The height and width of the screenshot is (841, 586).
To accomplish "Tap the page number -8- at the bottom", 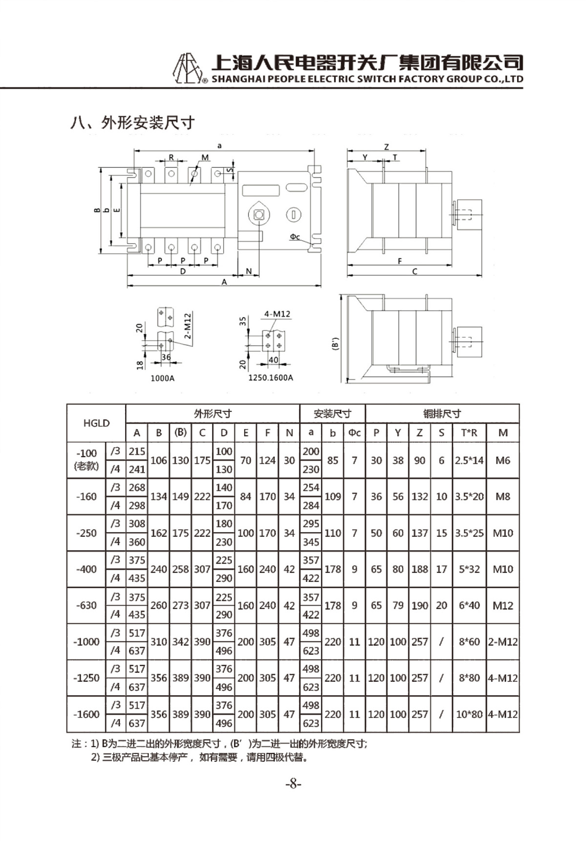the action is pos(293,784).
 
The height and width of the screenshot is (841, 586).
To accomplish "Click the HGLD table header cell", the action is pos(96,423).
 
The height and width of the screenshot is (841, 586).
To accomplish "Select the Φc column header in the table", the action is pos(355,432).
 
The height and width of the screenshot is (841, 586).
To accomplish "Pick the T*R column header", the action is pos(469,432).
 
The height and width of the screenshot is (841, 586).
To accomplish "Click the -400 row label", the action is pos(86,569).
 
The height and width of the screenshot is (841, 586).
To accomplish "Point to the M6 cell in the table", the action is pos(502,460).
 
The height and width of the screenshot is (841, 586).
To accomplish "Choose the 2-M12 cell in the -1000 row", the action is pos(502,641).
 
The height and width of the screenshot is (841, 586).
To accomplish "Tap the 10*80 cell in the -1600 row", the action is pos(469,714).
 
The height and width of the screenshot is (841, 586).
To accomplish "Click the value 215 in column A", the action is pos(137,451).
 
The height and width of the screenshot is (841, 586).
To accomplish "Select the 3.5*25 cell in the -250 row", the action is pos(469,533).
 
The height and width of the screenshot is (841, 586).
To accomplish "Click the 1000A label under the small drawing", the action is pos(162,378).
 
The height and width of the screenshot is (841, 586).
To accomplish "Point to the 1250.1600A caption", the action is pos(271,378).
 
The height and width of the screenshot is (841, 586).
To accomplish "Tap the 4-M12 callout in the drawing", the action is pos(277,314).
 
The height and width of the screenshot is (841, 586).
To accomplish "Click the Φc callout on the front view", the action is pos(294,237).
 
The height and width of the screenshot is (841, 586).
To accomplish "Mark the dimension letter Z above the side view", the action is pos(386,147).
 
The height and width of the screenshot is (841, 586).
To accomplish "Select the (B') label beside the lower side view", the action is pos(335,344).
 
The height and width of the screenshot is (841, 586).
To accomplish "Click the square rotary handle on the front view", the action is pos(259,214).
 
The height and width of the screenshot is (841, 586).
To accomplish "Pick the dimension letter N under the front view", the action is pos(249,271).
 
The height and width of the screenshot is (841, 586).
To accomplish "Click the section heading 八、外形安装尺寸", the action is pos(133,123).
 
